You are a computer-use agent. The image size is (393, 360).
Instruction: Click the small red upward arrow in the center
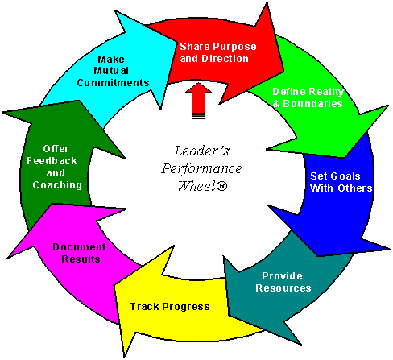click(199, 101)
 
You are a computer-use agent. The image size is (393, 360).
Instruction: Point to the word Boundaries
click(312, 104)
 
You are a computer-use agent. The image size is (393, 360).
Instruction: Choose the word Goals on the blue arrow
click(345, 176)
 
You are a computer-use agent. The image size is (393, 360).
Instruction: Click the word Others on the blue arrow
click(355, 188)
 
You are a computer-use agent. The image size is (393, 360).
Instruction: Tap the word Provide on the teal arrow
click(282, 276)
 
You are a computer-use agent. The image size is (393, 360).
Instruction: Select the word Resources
click(283, 288)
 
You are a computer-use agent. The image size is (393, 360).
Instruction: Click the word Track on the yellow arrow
click(145, 307)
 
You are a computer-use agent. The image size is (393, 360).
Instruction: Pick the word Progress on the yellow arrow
click(186, 307)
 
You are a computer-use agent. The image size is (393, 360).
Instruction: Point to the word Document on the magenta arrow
click(79, 247)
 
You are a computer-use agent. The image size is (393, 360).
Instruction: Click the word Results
click(81, 259)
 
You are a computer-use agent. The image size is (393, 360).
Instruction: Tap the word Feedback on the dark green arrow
click(52, 161)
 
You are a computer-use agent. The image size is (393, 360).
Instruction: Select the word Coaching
click(57, 185)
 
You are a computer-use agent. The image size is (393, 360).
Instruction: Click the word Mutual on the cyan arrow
click(111, 71)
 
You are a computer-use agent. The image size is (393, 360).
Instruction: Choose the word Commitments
click(113, 83)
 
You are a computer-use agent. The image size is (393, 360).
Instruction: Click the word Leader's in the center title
click(202, 151)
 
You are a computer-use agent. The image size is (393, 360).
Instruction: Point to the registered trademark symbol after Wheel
click(221, 186)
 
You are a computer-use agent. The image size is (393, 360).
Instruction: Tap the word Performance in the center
click(201, 169)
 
